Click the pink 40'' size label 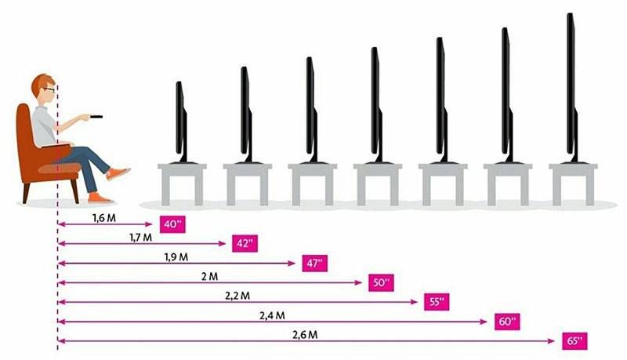coord(172,224)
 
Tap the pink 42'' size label coord(245,244)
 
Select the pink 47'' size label coord(315,264)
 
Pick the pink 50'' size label coord(381,283)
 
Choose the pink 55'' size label coord(437,302)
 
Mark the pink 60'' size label coord(507,322)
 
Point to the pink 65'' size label coord(574,341)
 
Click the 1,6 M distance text coord(104,218)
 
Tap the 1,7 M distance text coord(140,238)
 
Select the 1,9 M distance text coord(176,257)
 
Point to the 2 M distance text coord(209,276)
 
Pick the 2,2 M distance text coord(237,296)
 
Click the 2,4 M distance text coord(272,315)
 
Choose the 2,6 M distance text coord(305,335)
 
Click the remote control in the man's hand coord(96,117)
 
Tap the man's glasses coord(49,89)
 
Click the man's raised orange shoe coord(118,173)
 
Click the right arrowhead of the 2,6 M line coord(551,341)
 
